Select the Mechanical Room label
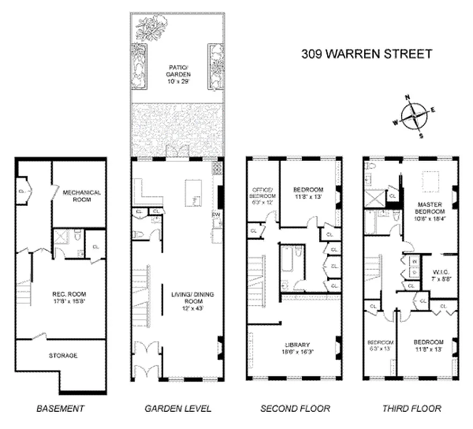[82, 196]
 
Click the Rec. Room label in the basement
[69, 298]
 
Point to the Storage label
[63, 355]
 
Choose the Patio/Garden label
[178, 71]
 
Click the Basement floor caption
[60, 409]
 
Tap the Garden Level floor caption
[178, 409]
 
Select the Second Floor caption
[295, 409]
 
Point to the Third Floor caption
[411, 409]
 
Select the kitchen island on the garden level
[193, 191]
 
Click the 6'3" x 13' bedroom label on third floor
[380, 345]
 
